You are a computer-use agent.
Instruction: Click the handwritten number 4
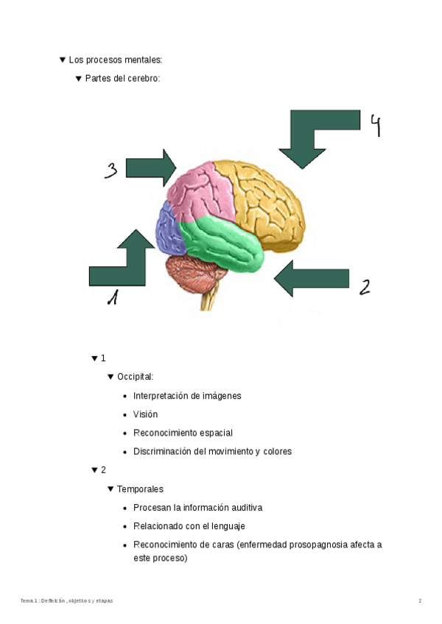pos(376,126)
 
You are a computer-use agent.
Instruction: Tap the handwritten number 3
pos(110,171)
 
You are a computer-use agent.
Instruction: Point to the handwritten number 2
pos(364,286)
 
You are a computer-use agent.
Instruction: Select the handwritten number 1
pos(112,297)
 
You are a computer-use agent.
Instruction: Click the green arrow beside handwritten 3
pos(150,167)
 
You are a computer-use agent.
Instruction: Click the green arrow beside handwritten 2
pos(312,278)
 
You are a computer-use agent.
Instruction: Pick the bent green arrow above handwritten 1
pos(122,261)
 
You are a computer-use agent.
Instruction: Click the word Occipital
pos(135,377)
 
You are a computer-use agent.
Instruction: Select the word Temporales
pos(140,489)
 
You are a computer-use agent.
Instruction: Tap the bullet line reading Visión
pos(145,414)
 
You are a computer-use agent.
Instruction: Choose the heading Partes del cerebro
pos(122,78)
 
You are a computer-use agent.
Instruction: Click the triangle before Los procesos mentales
pos(63,60)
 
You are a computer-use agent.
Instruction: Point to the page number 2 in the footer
pos(420,601)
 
